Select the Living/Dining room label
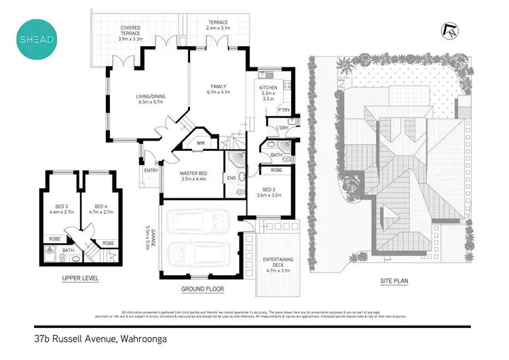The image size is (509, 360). (150, 99)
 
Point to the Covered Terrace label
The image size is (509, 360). (130, 33)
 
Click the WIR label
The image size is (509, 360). (201, 144)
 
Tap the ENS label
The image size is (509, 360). (231, 178)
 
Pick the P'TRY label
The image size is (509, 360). (283, 111)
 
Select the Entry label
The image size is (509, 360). (150, 170)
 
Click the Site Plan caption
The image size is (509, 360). (393, 281)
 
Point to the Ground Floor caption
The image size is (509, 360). (203, 289)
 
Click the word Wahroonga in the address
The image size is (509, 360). (140, 338)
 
